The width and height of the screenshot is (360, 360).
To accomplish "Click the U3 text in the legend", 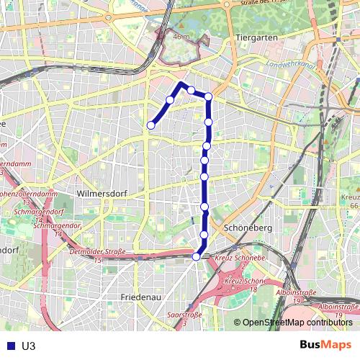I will (29, 345).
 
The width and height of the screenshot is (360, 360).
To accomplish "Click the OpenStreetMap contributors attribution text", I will (297, 323).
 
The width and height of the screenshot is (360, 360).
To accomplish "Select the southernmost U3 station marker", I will (197, 256).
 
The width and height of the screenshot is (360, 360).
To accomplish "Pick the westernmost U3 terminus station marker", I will (151, 125).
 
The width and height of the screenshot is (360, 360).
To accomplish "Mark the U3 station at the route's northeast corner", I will (208, 96).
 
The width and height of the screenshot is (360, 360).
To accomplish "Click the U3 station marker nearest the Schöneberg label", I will (204, 235).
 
